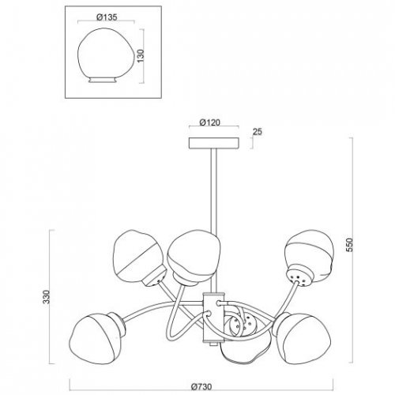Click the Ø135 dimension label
(x=107, y=17)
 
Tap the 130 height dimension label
(x=141, y=56)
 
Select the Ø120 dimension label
(x=209, y=122)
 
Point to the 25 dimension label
(x=258, y=132)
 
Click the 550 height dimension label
(x=349, y=245)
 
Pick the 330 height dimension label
(x=47, y=297)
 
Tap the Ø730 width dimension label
(x=201, y=387)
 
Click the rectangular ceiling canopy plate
(x=214, y=143)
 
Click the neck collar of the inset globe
(x=103, y=80)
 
